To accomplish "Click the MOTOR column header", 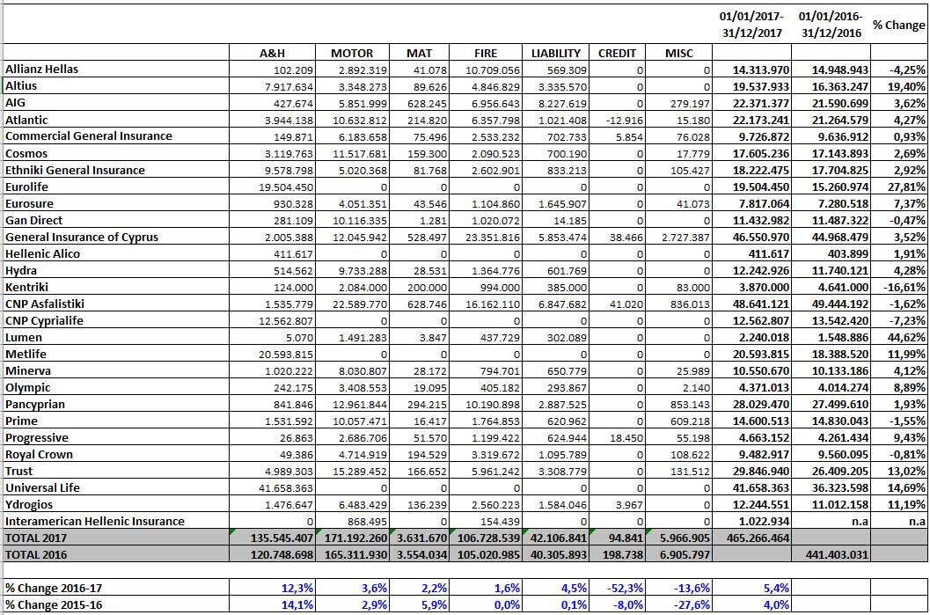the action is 352,54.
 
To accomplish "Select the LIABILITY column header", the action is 556,54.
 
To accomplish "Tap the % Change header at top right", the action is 898,25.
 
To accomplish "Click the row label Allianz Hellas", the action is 41,70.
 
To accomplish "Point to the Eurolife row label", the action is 26,187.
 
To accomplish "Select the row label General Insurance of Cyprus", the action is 82,238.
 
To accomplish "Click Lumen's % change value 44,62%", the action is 906,338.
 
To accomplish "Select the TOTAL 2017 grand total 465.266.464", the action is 758,538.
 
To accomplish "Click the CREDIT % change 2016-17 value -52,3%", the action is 626,589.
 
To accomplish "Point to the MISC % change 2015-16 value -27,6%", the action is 692,605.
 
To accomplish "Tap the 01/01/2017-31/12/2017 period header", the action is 751,25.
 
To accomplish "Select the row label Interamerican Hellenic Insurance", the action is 95,522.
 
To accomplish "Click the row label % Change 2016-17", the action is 54,589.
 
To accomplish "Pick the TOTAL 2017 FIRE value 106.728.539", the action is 488,538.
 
